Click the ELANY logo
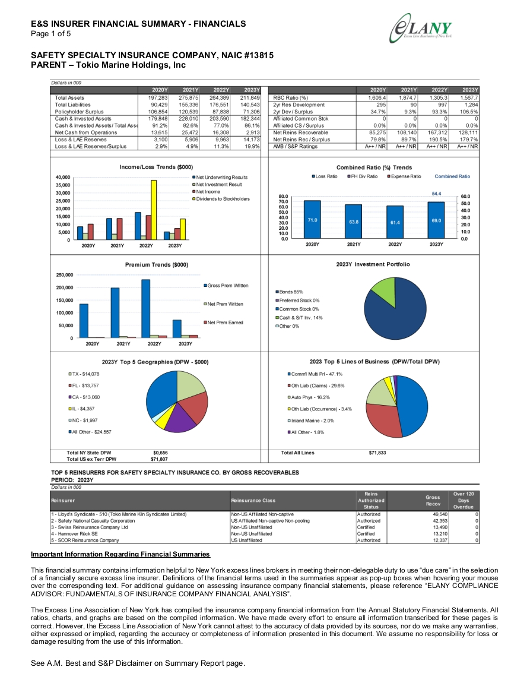(420, 29)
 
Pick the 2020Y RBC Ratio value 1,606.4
(377, 98)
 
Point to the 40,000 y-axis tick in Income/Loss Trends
(62, 177)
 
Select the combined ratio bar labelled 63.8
(353, 222)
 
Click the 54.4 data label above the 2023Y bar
(436, 194)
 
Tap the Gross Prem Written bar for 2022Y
(146, 308)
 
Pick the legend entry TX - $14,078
(84, 374)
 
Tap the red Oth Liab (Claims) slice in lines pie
(382, 420)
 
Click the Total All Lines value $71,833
(377, 453)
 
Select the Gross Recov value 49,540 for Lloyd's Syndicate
(440, 514)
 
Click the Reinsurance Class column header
(253, 501)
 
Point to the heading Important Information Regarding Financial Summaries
(120, 554)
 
